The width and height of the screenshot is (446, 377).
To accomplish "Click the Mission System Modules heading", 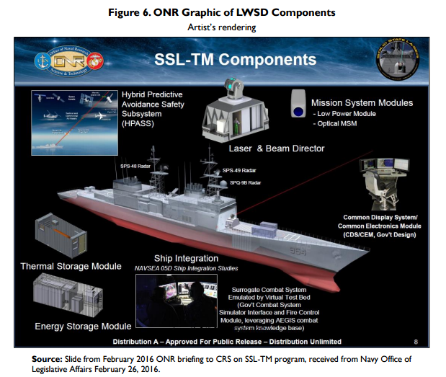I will tap(361, 103).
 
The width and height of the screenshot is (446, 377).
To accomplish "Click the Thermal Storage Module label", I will tap(71, 266).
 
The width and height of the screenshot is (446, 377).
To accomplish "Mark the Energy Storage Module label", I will tap(83, 327).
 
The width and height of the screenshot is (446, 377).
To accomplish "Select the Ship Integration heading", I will tap(186, 258).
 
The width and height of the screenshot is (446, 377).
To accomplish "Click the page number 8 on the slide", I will tap(415, 341).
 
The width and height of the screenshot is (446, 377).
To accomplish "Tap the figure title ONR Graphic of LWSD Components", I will tap(222, 12).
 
